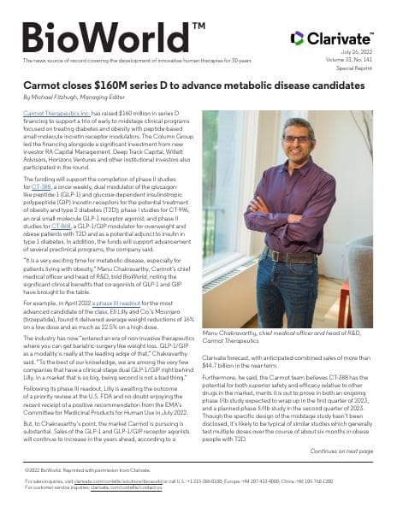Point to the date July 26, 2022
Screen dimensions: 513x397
click(x=358, y=53)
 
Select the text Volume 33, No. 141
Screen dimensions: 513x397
click(x=351, y=61)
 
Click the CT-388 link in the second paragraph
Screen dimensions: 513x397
click(x=40, y=186)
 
